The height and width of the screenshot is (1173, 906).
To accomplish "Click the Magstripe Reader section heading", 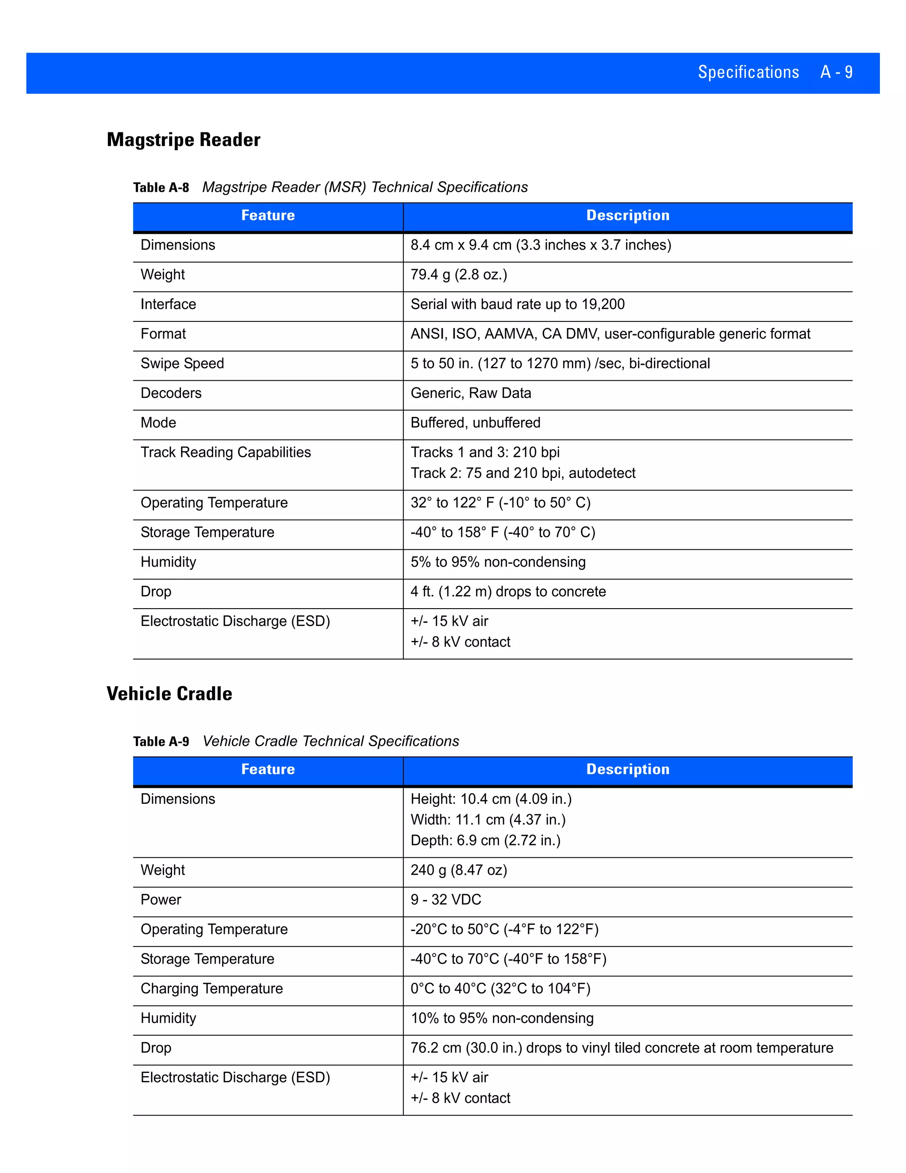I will (x=184, y=139).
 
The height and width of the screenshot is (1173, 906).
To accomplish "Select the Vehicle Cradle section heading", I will (x=169, y=693).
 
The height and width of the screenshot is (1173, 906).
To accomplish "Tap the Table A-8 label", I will (x=161, y=187).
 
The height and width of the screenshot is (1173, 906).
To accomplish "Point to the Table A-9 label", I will (x=161, y=742).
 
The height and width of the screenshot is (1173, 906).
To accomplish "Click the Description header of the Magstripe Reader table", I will (x=627, y=216).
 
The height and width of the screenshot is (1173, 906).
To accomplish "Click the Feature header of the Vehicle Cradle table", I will (x=268, y=769).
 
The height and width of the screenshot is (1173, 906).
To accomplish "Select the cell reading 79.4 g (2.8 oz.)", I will (x=458, y=274).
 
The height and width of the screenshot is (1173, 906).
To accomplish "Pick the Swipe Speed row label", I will (x=182, y=363).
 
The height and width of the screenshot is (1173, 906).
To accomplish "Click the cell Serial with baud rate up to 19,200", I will (x=518, y=305).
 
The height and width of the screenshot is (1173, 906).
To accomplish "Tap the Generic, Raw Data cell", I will (x=471, y=393).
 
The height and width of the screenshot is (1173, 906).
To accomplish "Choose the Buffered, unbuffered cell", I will (x=475, y=423).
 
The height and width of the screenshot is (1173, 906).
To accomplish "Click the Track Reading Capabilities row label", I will (x=226, y=452).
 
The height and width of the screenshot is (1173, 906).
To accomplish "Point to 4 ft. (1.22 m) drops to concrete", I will (x=508, y=591).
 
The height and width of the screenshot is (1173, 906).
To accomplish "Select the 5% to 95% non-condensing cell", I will (x=498, y=562).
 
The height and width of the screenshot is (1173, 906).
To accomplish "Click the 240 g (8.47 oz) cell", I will (x=458, y=870).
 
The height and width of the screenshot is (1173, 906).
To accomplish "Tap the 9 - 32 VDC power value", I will (x=445, y=899).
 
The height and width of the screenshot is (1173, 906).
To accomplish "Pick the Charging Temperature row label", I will (x=211, y=988).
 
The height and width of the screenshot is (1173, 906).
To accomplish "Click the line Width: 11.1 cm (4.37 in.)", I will (x=488, y=820).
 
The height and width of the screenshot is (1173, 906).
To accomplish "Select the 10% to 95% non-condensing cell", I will (x=502, y=1019).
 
